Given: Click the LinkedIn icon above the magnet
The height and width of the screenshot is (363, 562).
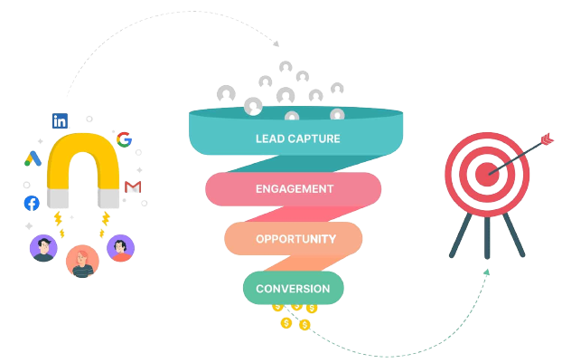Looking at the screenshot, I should [61, 119].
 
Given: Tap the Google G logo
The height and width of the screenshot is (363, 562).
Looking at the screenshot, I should [124, 139].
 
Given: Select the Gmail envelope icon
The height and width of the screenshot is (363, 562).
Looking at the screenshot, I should [133, 186].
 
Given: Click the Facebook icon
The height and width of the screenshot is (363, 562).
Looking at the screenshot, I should [32, 203].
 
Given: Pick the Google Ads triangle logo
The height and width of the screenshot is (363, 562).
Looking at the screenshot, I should [33, 159].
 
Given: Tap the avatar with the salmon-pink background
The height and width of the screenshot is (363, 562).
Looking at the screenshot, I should [81, 261].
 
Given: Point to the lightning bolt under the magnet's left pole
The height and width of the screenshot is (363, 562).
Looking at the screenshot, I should [59, 219].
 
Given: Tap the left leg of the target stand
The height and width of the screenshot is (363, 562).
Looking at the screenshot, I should [458, 237].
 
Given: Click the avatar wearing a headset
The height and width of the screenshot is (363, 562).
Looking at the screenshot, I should [119, 248].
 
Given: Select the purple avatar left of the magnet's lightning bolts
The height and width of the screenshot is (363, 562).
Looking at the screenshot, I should [42, 248].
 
